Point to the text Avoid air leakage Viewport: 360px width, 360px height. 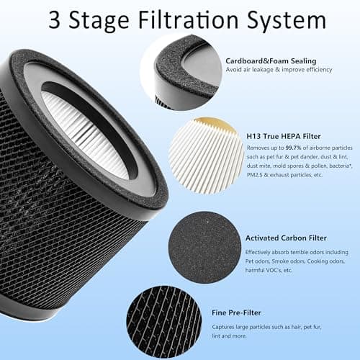point(266,70)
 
